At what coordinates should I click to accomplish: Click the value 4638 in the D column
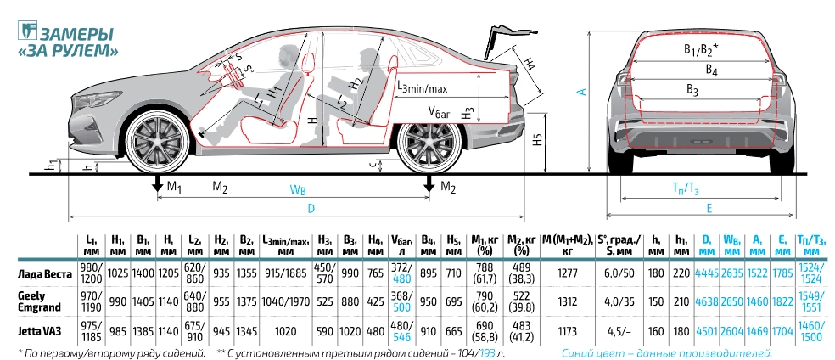point(706,302)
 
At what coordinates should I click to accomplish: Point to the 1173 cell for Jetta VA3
point(567,331)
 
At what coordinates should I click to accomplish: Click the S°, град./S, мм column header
point(615,245)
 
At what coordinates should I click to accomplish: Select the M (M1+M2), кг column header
point(568,245)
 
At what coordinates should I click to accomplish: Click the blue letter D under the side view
point(311,208)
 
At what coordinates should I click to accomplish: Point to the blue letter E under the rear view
point(709,208)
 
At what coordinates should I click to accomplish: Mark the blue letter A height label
point(583,92)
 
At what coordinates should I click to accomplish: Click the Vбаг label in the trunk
point(439,110)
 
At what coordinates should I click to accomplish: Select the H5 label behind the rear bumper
point(538,139)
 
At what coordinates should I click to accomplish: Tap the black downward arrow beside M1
point(158,185)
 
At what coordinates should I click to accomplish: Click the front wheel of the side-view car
point(157,141)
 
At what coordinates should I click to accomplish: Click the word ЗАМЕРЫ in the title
point(76,35)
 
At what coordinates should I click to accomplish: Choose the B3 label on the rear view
point(692,91)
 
